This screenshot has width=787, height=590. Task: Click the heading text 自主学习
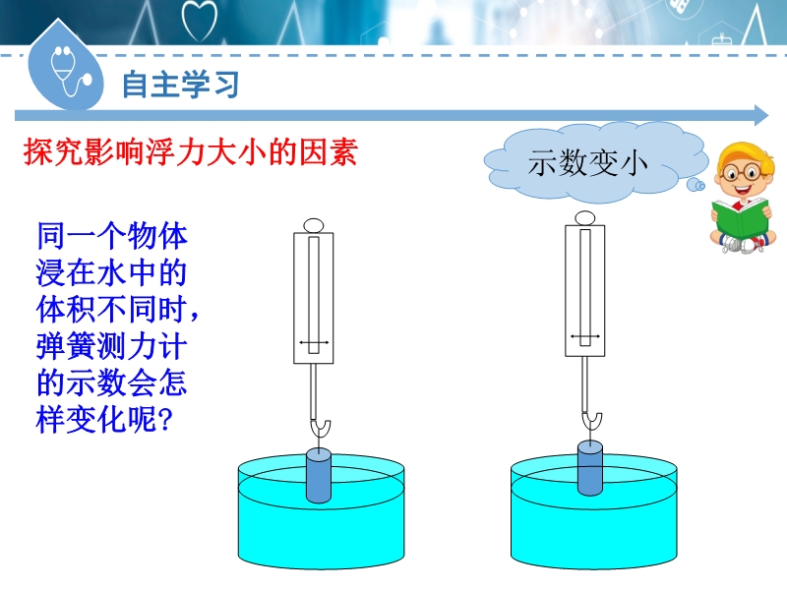tap(180, 84)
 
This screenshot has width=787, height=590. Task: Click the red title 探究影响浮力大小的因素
tap(191, 152)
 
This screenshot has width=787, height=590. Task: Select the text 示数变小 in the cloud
tap(587, 163)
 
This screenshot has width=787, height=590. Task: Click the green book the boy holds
tap(741, 218)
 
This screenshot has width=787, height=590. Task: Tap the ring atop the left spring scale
tap(314, 225)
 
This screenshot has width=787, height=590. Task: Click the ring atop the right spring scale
tap(584, 218)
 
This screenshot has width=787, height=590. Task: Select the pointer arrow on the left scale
tap(314, 342)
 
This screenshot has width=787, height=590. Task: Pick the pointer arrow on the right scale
tap(585, 336)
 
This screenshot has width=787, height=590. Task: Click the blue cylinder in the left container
tap(319, 476)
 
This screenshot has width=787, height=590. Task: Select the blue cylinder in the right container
tap(589, 468)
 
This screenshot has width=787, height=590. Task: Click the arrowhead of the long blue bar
tap(761, 116)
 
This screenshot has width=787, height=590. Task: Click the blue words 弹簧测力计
tap(111, 346)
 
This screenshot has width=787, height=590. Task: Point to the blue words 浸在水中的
tap(111, 272)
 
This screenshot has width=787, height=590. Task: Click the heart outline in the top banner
tap(200, 20)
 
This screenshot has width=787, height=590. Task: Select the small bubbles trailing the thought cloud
tap(696, 185)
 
